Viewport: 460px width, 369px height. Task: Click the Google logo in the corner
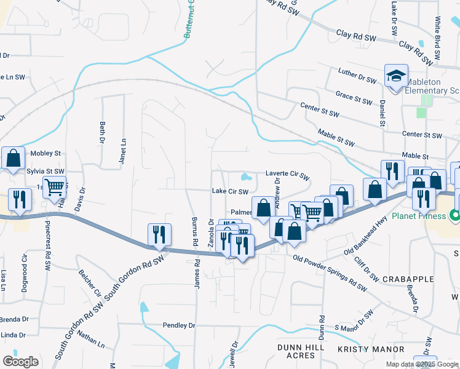(x=20, y=362)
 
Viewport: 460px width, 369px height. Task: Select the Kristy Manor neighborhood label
(x=362, y=349)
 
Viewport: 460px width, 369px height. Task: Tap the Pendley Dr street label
(x=178, y=325)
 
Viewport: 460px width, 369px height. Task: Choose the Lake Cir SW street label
(x=229, y=191)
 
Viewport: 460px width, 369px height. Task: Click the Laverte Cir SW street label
(x=287, y=174)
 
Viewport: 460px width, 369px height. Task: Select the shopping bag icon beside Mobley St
(x=14, y=159)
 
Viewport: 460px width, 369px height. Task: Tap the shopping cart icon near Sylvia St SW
(x=55, y=186)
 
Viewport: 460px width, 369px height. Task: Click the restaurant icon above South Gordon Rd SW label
(x=159, y=234)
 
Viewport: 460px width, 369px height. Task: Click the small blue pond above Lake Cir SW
(x=246, y=178)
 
